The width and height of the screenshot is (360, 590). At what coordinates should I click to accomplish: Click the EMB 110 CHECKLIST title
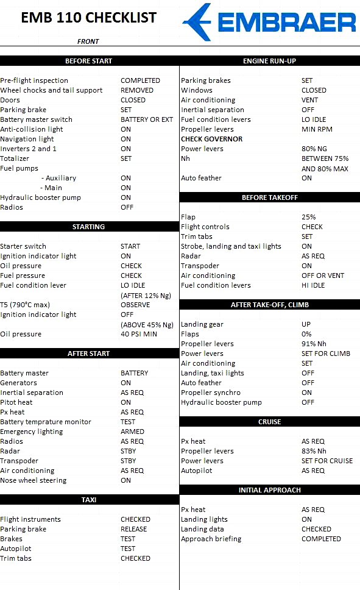(x=88, y=18)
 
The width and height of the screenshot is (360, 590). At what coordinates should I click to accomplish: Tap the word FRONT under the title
(x=88, y=41)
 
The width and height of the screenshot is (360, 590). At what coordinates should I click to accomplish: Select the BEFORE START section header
(x=89, y=61)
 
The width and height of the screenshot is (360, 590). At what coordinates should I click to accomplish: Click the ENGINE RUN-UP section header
(x=269, y=61)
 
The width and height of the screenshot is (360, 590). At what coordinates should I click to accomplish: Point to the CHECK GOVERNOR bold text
(x=211, y=139)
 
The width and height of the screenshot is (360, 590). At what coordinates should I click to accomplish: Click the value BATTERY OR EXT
(x=147, y=119)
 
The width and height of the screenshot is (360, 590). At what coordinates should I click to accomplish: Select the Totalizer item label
(x=15, y=158)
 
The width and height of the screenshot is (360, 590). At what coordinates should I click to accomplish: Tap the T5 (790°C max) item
(x=25, y=305)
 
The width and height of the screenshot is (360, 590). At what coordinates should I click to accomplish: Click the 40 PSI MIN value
(x=139, y=334)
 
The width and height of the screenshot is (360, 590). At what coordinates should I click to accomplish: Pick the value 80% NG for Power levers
(x=314, y=149)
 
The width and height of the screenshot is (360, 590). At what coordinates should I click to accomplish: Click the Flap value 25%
(x=309, y=217)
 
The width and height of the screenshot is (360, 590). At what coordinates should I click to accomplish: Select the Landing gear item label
(x=203, y=324)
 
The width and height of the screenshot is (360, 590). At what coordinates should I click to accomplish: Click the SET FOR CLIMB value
(x=326, y=354)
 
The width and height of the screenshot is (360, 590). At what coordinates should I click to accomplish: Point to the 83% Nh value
(x=314, y=451)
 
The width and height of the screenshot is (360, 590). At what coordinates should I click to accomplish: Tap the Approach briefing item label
(x=211, y=539)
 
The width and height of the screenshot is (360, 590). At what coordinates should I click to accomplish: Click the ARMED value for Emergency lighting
(x=132, y=432)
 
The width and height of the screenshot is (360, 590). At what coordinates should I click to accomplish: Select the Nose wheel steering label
(x=33, y=480)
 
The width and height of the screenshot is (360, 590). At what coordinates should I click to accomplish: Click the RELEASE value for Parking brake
(x=133, y=529)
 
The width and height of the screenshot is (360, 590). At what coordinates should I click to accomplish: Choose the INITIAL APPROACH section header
(x=269, y=490)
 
